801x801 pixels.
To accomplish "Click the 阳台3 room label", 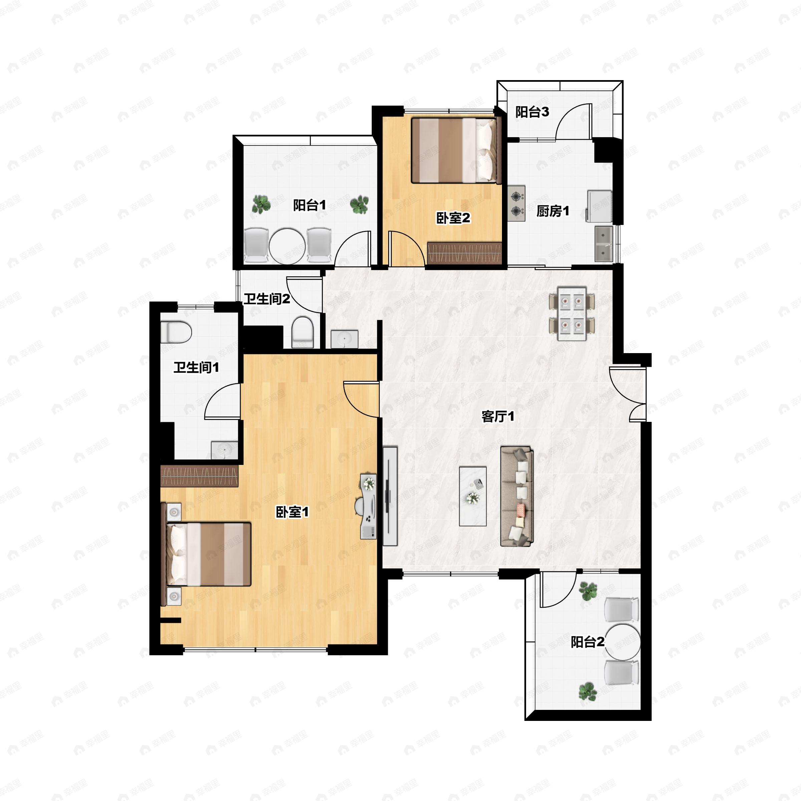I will coord(532,112).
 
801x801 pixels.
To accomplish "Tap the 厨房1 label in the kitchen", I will coord(553,212).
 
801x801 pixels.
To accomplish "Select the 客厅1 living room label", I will coord(498,416).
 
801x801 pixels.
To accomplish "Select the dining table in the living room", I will coord(572,313).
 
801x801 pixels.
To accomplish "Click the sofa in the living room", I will coord(517,496).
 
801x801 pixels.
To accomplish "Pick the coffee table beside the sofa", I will coord(473,496).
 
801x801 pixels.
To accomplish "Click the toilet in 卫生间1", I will coord(176,332).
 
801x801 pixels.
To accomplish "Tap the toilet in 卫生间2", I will coord(303,332).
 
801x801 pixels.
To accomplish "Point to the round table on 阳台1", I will coord(287,246).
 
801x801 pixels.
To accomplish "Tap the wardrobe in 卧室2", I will coord(464,253).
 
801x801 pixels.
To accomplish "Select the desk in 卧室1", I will coord(368,507).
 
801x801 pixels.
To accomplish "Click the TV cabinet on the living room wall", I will coord(390,496).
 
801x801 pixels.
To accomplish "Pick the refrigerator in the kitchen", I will coord(599,206).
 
